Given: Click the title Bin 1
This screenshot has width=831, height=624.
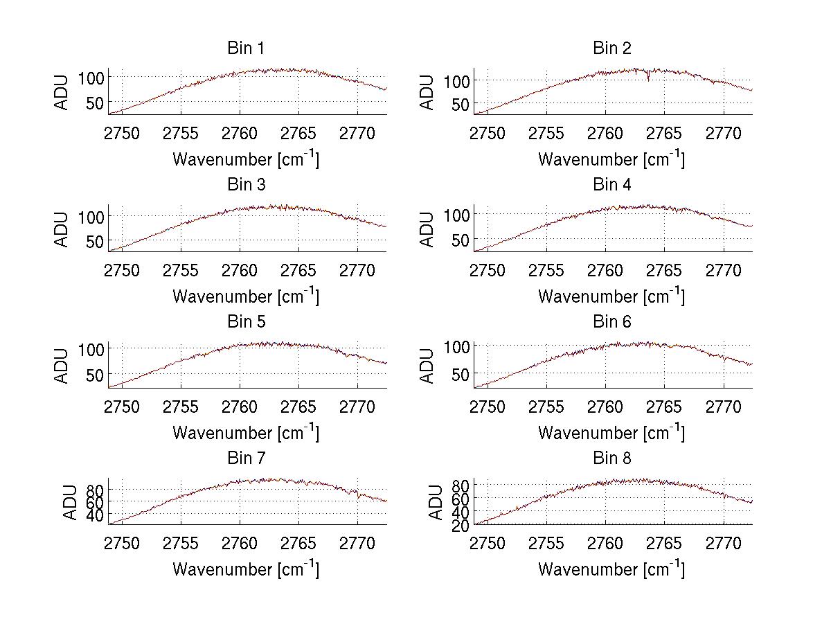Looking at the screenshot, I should point(246,48).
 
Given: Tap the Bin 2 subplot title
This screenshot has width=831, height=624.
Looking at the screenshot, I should point(612,48).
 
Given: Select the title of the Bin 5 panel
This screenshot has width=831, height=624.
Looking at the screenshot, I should point(246,322).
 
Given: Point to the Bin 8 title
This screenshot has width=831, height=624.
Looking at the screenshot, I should point(612,458).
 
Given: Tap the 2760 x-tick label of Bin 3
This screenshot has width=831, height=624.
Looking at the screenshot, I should point(240,269).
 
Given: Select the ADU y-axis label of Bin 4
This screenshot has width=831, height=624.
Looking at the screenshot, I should point(428,229).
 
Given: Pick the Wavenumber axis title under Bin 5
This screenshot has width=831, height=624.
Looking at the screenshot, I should point(246,432).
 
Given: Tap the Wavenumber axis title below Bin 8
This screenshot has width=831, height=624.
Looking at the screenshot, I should point(612,569).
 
